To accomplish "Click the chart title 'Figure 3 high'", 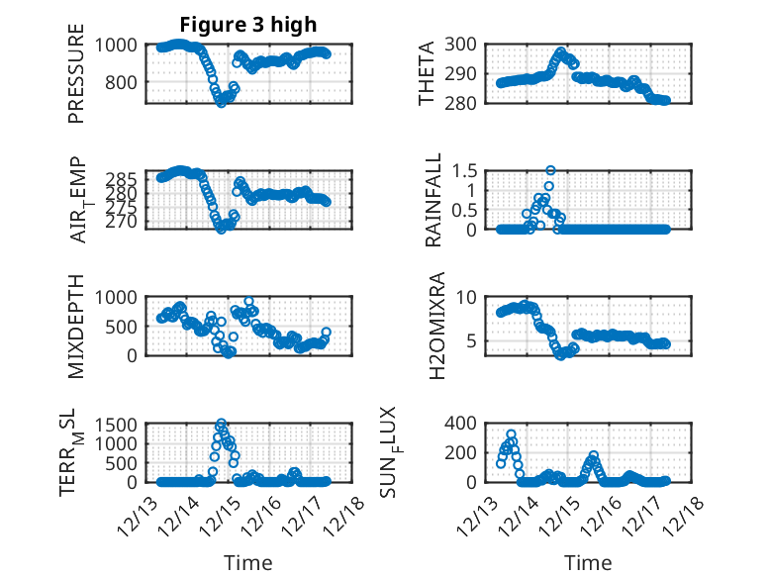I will (248, 25).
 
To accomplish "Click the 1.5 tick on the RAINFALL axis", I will (469, 170).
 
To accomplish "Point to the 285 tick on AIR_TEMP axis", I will (126, 179).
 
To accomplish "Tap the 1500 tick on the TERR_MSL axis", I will (120, 424).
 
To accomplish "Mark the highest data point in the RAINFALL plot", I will (550, 170).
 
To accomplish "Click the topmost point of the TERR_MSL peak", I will (221, 423).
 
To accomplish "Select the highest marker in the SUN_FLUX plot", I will (512, 434).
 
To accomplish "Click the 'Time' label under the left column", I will (248, 562).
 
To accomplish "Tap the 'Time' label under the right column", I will (589, 562).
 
